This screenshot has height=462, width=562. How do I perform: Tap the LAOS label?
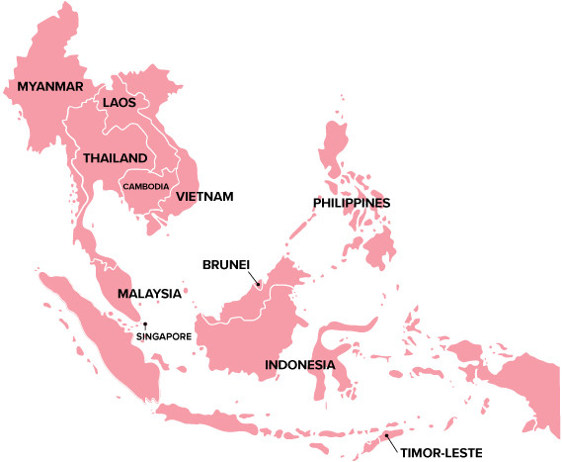tap(120, 102)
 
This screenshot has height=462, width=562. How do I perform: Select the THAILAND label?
tap(115, 158)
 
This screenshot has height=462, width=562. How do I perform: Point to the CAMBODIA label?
tap(145, 186)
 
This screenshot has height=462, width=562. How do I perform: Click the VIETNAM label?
tap(204, 197)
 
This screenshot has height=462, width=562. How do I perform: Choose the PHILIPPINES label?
tap(352, 203)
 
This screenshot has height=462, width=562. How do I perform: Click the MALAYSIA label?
tap(149, 294)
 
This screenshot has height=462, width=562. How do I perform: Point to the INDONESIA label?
tap(300, 365)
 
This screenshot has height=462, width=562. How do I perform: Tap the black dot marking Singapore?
tap(145, 324)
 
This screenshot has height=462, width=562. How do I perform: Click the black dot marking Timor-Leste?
tap(387, 434)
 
